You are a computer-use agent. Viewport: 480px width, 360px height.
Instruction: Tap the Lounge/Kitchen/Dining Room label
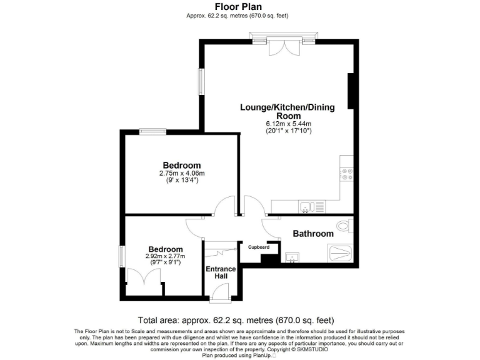tap(287, 111)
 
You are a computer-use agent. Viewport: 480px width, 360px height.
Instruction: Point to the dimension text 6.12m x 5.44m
tap(288, 124)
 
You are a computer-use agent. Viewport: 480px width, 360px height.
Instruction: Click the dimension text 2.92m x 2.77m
tap(166, 256)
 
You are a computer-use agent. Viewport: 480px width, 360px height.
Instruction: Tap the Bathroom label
tap(313, 234)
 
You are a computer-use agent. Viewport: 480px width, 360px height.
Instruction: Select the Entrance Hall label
tap(221, 273)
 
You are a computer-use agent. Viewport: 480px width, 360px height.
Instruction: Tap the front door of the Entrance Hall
tap(219, 292)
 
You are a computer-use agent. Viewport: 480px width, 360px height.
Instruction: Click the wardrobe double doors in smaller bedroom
tap(143, 279)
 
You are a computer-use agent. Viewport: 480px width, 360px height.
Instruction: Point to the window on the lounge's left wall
tap(202, 81)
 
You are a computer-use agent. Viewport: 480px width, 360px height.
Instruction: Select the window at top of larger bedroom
tap(152, 131)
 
